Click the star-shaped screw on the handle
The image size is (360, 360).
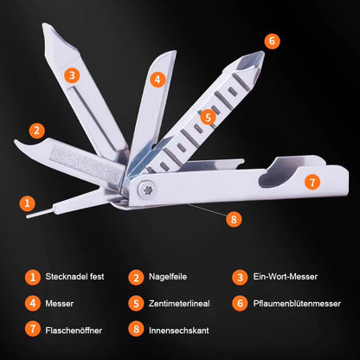(x=147, y=190)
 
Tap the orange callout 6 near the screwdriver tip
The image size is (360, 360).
(x=272, y=42)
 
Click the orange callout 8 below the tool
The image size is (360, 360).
(x=234, y=219)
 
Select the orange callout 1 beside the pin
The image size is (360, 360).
(x=27, y=203)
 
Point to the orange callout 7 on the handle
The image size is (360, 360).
(x=312, y=182)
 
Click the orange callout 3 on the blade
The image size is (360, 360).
(x=72, y=75)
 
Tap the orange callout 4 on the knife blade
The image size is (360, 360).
(x=157, y=79)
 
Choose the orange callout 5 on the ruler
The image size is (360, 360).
(x=208, y=118)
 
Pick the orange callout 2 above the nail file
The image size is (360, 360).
(x=36, y=131)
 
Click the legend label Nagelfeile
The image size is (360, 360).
(x=168, y=277)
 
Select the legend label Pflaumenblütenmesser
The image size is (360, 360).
(x=297, y=304)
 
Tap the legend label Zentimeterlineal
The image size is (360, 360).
(x=179, y=304)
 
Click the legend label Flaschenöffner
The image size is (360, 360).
(x=74, y=331)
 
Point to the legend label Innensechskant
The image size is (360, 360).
(x=179, y=331)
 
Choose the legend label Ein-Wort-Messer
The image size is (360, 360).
(x=286, y=277)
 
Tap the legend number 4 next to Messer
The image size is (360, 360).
(x=33, y=304)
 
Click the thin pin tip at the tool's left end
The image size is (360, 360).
(x=27, y=216)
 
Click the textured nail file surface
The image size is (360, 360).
(x=87, y=164)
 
